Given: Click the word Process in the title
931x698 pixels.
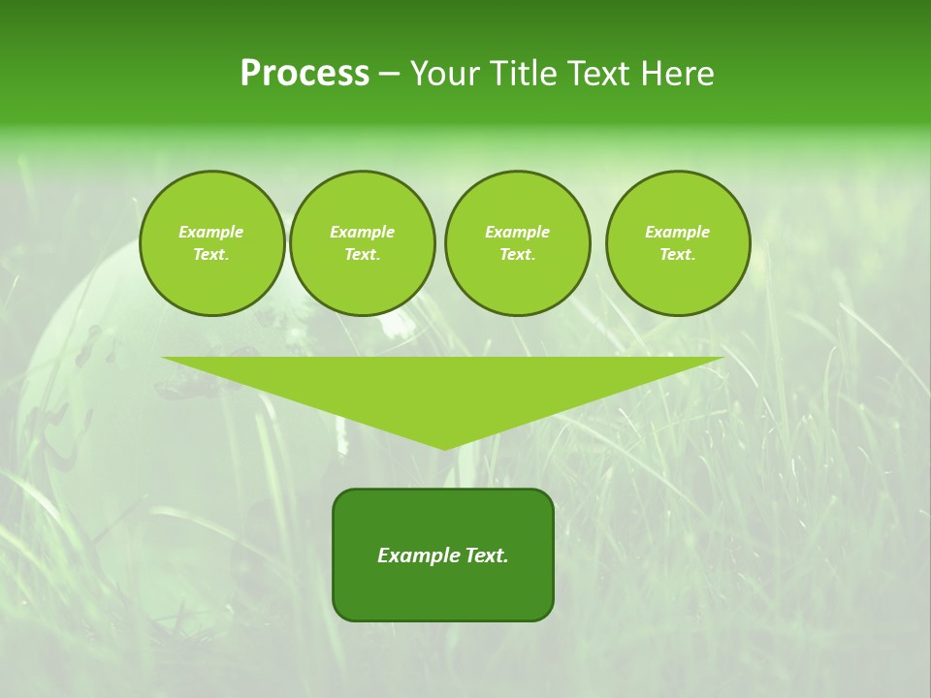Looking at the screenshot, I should coord(305,74).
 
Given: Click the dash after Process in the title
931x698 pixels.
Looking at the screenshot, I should coord(389,75).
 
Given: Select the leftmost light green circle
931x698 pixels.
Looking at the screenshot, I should coord(212,243).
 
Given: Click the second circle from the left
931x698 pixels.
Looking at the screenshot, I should coord(363,243).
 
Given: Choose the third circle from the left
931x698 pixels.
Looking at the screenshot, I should coord(517,243).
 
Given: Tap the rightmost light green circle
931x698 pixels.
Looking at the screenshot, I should coord(678,243).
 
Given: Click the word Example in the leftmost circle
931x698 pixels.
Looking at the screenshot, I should coord(211,232).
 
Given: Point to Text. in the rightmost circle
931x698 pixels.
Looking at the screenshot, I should coord(678,255).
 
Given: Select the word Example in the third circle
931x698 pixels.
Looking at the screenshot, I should coord(517,232).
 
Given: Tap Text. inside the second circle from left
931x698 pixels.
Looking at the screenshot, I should coord(363,255).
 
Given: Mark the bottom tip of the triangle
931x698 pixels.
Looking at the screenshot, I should coord(444,449).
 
